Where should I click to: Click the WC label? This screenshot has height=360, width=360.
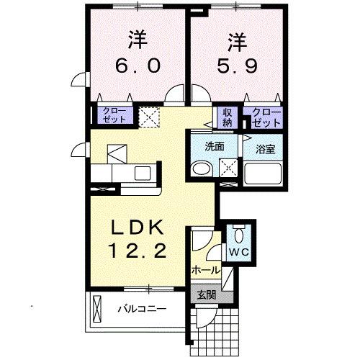coord(238,253)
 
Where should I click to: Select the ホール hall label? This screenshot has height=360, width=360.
coord(206,271)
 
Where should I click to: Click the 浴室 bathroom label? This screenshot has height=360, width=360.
coord(266,150)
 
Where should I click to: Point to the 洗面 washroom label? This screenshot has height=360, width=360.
coord(215,145)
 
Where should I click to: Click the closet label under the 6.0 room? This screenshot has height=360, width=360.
coord(113,115)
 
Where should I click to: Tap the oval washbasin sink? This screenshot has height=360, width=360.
coord(201,170)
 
